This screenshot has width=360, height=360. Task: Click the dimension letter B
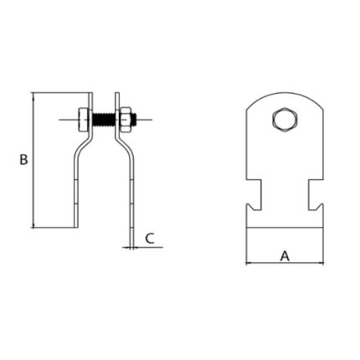pos(23,159)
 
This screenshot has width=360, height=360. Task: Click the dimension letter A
pos(285,256)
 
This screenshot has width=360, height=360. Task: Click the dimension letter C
pos(150,239)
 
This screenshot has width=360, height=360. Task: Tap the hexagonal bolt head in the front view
pos(285,119)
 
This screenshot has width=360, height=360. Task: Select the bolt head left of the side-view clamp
pos(84,120)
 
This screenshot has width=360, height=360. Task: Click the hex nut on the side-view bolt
pos(125,120)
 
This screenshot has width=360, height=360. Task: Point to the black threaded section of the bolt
pos(103,120)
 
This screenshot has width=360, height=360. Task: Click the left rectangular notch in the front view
pos(254,195)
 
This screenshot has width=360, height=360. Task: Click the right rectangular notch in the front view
pos(316,195)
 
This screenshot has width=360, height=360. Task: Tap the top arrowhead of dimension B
pos(33,95)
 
